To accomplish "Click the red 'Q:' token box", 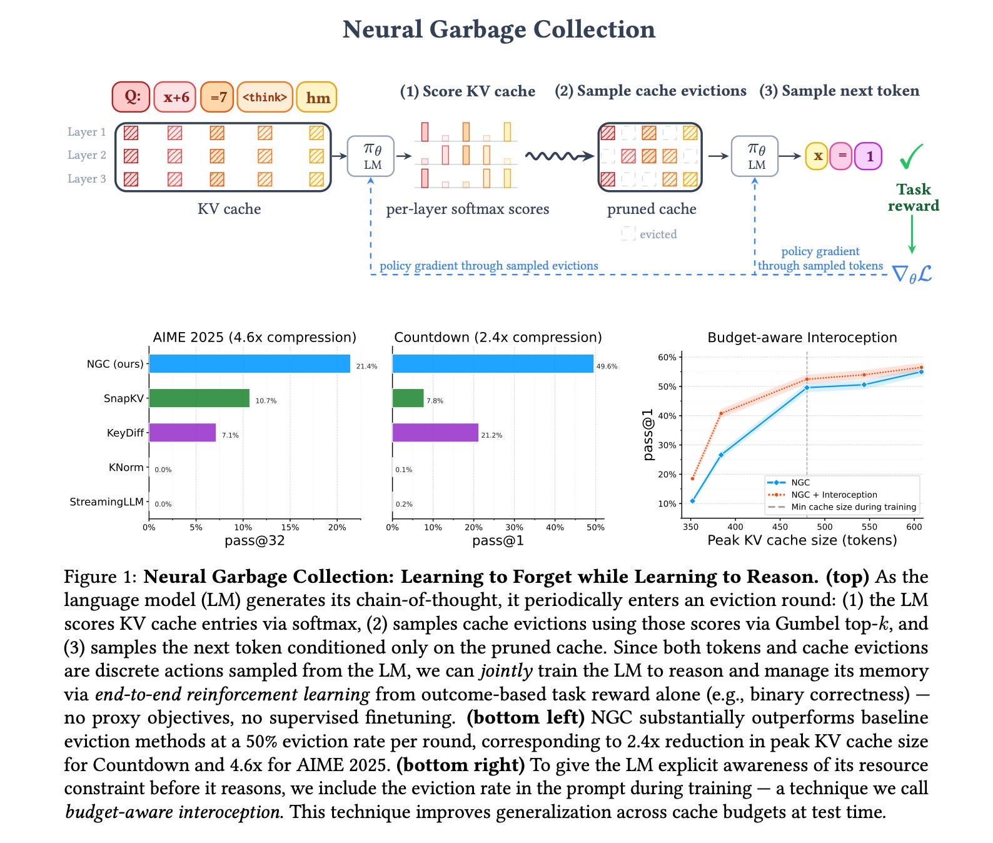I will (131, 97).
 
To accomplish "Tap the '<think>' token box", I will (265, 97).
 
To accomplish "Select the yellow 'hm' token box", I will (317, 98).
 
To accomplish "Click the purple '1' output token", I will (869, 156).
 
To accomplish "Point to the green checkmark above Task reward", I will (911, 156).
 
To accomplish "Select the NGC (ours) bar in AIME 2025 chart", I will (250, 364).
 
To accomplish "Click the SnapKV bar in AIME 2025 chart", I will (199, 398).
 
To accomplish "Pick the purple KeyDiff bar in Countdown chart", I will (435, 433).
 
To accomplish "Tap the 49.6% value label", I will (607, 366).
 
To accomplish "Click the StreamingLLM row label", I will (107, 502).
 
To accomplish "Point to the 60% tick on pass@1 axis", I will (667, 357).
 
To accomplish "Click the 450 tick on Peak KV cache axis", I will (780, 527).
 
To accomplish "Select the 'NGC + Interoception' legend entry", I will (834, 495).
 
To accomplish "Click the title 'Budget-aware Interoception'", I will (802, 338).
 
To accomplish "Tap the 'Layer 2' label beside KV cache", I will (87, 155).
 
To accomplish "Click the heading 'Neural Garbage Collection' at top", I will (499, 29).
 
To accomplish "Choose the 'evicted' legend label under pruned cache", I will (658, 234).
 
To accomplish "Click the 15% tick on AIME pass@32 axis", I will (290, 527).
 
